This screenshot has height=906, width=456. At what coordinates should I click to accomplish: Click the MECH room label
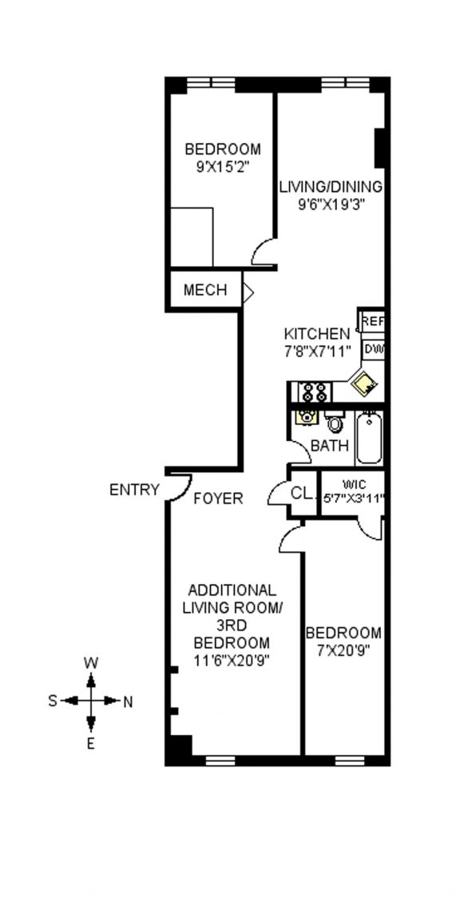(x=205, y=289)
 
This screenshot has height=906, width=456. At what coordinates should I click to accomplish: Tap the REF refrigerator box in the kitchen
(x=372, y=321)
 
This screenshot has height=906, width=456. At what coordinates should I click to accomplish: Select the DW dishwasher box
(x=374, y=350)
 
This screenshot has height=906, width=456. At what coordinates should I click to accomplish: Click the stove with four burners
(x=315, y=392)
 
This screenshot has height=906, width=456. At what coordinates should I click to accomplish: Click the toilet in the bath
(x=334, y=422)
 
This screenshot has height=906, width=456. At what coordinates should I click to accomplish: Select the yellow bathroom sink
(x=305, y=416)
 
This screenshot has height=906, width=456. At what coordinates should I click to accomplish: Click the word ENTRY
(x=134, y=490)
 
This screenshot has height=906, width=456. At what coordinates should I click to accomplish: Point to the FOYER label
(x=218, y=498)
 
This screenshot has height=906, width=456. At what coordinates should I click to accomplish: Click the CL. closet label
(x=302, y=494)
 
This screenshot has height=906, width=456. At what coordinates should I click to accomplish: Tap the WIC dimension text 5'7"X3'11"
(x=353, y=496)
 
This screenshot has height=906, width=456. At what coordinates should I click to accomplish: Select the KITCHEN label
(x=317, y=334)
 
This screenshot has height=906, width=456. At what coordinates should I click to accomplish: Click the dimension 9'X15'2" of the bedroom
(x=223, y=167)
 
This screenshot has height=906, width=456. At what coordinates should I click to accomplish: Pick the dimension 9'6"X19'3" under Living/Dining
(x=331, y=204)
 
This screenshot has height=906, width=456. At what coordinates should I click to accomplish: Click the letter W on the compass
(x=90, y=663)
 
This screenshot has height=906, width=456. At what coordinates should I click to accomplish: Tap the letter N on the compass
(x=128, y=702)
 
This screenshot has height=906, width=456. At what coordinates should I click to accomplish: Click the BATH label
(x=330, y=446)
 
